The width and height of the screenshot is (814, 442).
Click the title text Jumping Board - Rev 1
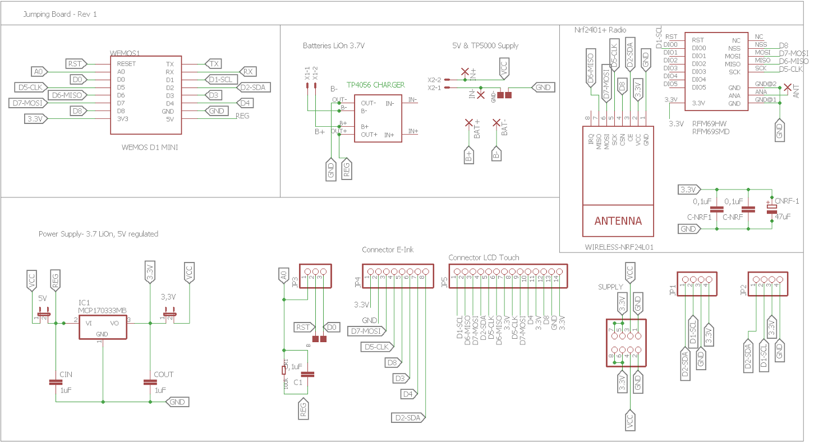pyautogui.click(x=59, y=14)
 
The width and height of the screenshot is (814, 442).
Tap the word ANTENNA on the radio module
pyautogui.click(x=618, y=220)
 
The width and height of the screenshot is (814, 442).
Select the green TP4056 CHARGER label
pyautogui.click(x=375, y=85)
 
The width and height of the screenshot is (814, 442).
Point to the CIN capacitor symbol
pyautogui.click(x=56, y=382)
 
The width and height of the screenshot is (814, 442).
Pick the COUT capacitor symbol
pyautogui.click(x=150, y=382)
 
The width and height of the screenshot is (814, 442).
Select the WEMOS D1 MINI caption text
pyautogui.click(x=145, y=148)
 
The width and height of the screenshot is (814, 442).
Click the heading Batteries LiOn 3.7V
pyautogui.click(x=334, y=45)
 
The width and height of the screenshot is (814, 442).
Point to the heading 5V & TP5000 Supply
pyautogui.click(x=485, y=45)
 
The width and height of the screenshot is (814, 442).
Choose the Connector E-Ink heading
pyautogui.click(x=388, y=250)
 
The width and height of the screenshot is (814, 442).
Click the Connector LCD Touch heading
pyautogui.click(x=484, y=257)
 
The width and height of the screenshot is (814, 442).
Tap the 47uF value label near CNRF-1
pyautogui.click(x=782, y=216)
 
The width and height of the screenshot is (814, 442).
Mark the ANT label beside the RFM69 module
pyautogui.click(x=797, y=91)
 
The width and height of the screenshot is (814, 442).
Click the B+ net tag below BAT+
pyautogui.click(x=469, y=156)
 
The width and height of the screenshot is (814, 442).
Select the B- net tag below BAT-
pyautogui.click(x=496, y=155)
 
